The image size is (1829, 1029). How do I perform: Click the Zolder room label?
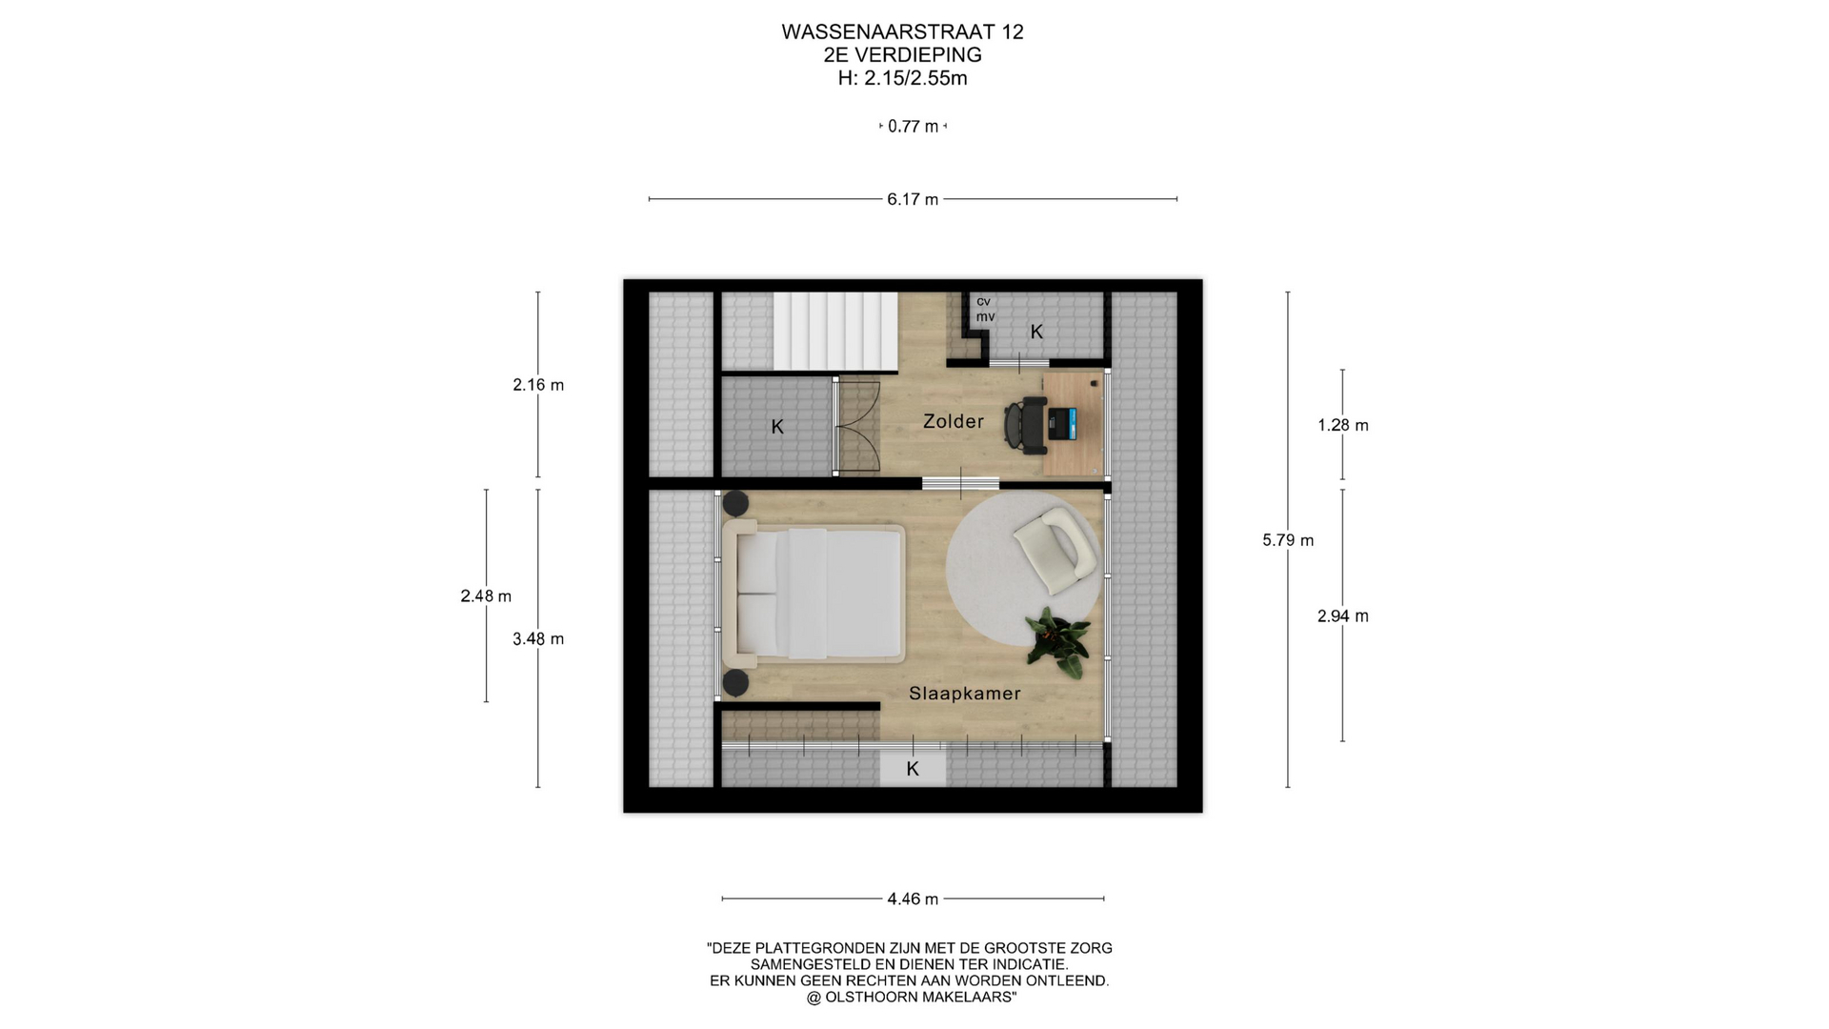pos(953,421)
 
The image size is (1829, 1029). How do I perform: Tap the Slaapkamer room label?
pos(964,694)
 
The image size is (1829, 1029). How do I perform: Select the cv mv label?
pos(985,309)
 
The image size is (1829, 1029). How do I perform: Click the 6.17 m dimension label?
pos(913,199)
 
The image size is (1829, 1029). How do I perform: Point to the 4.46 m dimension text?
pos(913,898)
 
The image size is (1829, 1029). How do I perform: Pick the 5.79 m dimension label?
pos(1288,540)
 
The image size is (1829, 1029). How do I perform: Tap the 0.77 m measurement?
pos(913,126)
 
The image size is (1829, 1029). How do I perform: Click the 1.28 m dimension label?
pos(1343,425)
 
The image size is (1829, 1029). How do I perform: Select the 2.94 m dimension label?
pos(1343,616)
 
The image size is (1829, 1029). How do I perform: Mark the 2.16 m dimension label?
pos(538,385)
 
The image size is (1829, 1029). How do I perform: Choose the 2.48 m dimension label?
pos(486,596)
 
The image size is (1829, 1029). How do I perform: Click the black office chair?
pos(1024,425)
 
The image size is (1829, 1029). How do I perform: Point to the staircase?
pos(834,332)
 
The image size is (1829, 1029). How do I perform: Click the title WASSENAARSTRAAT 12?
pos(902,32)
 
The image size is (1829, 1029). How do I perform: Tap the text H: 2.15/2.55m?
pos(902,78)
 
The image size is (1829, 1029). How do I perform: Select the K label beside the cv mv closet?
pos(1036,332)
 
